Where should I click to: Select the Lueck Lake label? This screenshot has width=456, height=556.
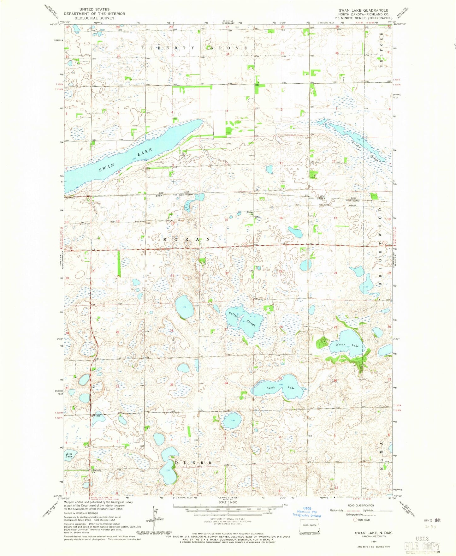280,387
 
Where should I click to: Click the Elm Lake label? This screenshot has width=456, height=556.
69,455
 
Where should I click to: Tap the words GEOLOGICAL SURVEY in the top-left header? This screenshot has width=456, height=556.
94,18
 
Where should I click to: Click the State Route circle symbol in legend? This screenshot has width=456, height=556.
355,520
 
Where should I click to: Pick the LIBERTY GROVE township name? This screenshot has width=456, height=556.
194,48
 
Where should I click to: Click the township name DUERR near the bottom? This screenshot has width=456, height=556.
193,463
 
